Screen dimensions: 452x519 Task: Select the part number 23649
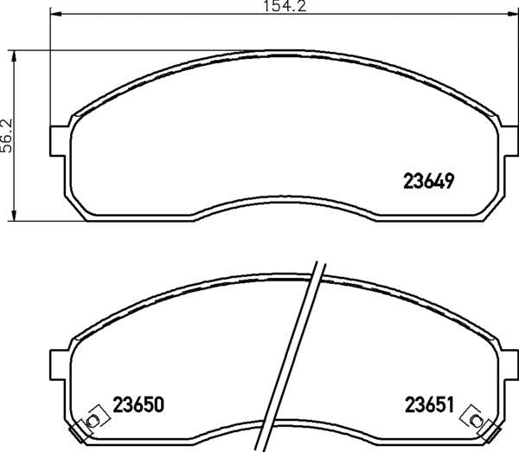pyautogui.click(x=429, y=181)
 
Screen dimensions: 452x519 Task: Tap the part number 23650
pyautogui.click(x=138, y=404)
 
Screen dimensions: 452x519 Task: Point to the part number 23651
pyautogui.click(x=429, y=404)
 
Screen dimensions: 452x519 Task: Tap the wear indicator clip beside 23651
pyautogui.click(x=474, y=417)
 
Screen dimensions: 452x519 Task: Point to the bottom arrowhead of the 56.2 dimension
pyautogui.click(x=16, y=215)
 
